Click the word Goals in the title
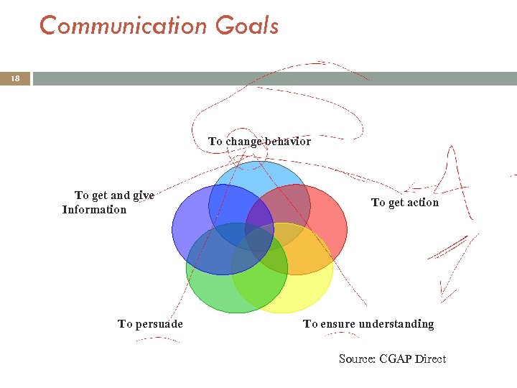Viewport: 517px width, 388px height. pyautogui.click(x=246, y=26)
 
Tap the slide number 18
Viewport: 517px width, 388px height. pyautogui.click(x=14, y=78)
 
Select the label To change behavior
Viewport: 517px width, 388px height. pyautogui.click(x=259, y=142)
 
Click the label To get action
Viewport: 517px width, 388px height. pyautogui.click(x=404, y=203)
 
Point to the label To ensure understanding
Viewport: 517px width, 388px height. pyautogui.click(x=368, y=324)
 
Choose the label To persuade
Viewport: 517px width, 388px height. pyautogui.click(x=150, y=324)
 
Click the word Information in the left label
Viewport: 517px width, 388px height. pyautogui.click(x=94, y=210)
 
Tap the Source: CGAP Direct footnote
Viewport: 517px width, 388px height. pyautogui.click(x=392, y=359)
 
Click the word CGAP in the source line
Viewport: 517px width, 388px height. pyautogui.click(x=397, y=359)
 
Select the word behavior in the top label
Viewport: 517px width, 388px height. pyautogui.click(x=288, y=142)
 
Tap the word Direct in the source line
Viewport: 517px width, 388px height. pyautogui.click(x=432, y=359)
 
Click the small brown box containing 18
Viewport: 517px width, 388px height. pyautogui.click(x=14, y=78)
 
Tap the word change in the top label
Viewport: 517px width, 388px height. pyautogui.click(x=243, y=142)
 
